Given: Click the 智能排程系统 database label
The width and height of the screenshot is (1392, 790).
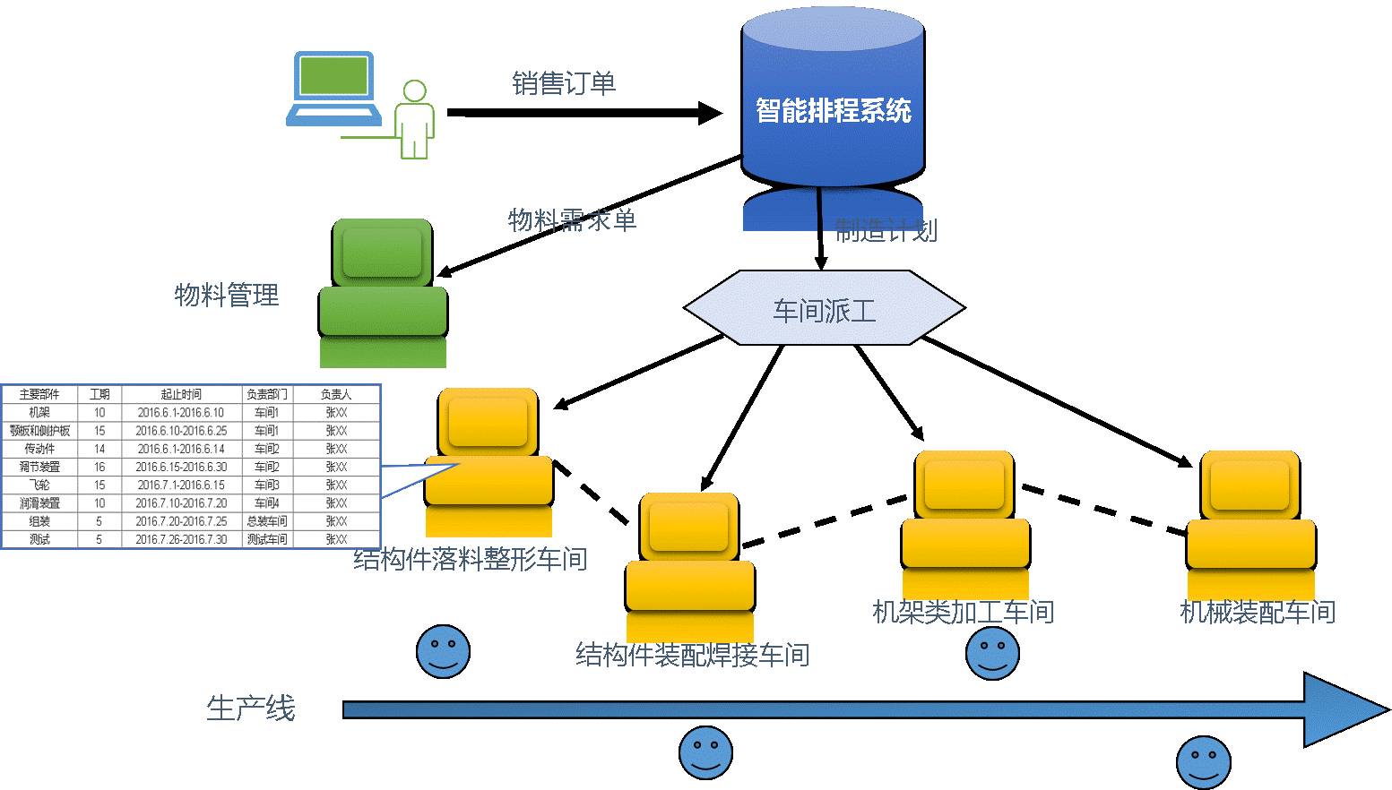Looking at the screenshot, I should pyautogui.click(x=833, y=110).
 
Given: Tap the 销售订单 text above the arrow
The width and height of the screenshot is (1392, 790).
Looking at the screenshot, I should pyautogui.click(x=564, y=83).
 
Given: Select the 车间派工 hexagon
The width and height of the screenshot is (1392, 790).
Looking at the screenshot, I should pyautogui.click(x=824, y=310).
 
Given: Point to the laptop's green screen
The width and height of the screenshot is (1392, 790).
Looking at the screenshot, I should pyautogui.click(x=334, y=74).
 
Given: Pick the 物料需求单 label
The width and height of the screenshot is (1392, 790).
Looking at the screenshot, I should pyautogui.click(x=572, y=219).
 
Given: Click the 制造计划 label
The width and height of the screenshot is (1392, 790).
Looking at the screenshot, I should pyautogui.click(x=886, y=230).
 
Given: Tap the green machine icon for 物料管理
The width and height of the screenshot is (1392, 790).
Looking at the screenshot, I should pyautogui.click(x=383, y=291).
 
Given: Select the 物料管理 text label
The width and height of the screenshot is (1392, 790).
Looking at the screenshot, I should pyautogui.click(x=227, y=295).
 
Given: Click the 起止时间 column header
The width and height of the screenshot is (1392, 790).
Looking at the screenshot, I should pyautogui.click(x=181, y=394).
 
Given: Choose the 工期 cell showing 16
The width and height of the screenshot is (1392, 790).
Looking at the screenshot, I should pyautogui.click(x=99, y=467).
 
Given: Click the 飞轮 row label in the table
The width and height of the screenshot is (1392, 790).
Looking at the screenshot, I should pyautogui.click(x=39, y=485).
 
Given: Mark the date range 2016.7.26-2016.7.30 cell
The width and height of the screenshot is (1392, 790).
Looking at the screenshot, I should pyautogui.click(x=181, y=539).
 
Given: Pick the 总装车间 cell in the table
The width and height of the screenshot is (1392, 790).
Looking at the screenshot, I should pyautogui.click(x=266, y=521).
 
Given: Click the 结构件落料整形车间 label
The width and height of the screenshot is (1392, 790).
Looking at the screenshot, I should pyautogui.click(x=471, y=559).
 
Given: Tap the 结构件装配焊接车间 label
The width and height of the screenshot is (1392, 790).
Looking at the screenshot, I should pyautogui.click(x=692, y=655).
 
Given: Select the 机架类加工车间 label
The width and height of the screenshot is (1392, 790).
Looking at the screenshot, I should pyautogui.click(x=963, y=612).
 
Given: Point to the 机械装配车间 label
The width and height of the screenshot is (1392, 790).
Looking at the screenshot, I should pyautogui.click(x=1258, y=612).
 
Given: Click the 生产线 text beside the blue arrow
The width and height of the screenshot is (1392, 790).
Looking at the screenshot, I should pyautogui.click(x=250, y=708).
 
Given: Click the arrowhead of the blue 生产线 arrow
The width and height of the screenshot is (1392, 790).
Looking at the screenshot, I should pyautogui.click(x=1344, y=709).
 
